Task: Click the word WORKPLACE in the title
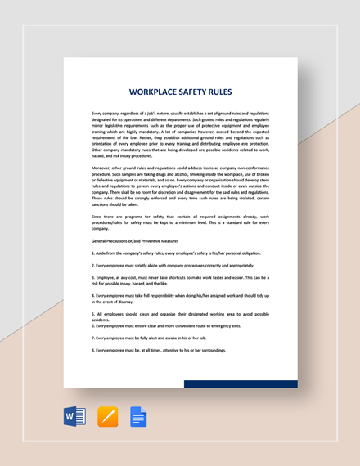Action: click(x=153, y=92)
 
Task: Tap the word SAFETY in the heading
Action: click(x=195, y=92)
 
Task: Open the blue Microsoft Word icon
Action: click(x=74, y=417)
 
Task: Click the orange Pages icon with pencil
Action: click(x=108, y=417)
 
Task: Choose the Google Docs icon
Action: click(x=138, y=417)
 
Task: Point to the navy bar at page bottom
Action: click(x=240, y=383)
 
